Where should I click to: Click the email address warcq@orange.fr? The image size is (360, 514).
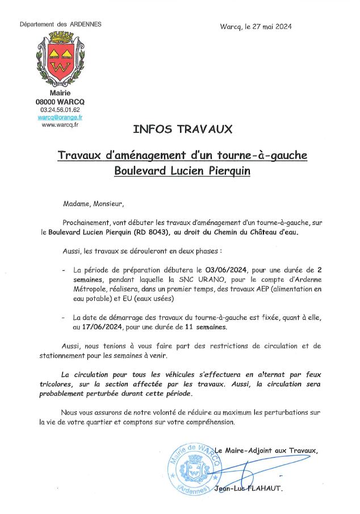click(60, 117)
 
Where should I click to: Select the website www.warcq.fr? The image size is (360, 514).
click(60, 125)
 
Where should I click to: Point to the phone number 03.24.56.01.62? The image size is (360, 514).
click(60, 110)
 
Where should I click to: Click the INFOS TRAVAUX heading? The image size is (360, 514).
click(182, 129)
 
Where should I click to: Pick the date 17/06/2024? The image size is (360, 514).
click(93, 327)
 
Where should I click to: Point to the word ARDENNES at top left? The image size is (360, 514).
click(85, 24)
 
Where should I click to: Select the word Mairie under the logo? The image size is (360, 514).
click(60, 93)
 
